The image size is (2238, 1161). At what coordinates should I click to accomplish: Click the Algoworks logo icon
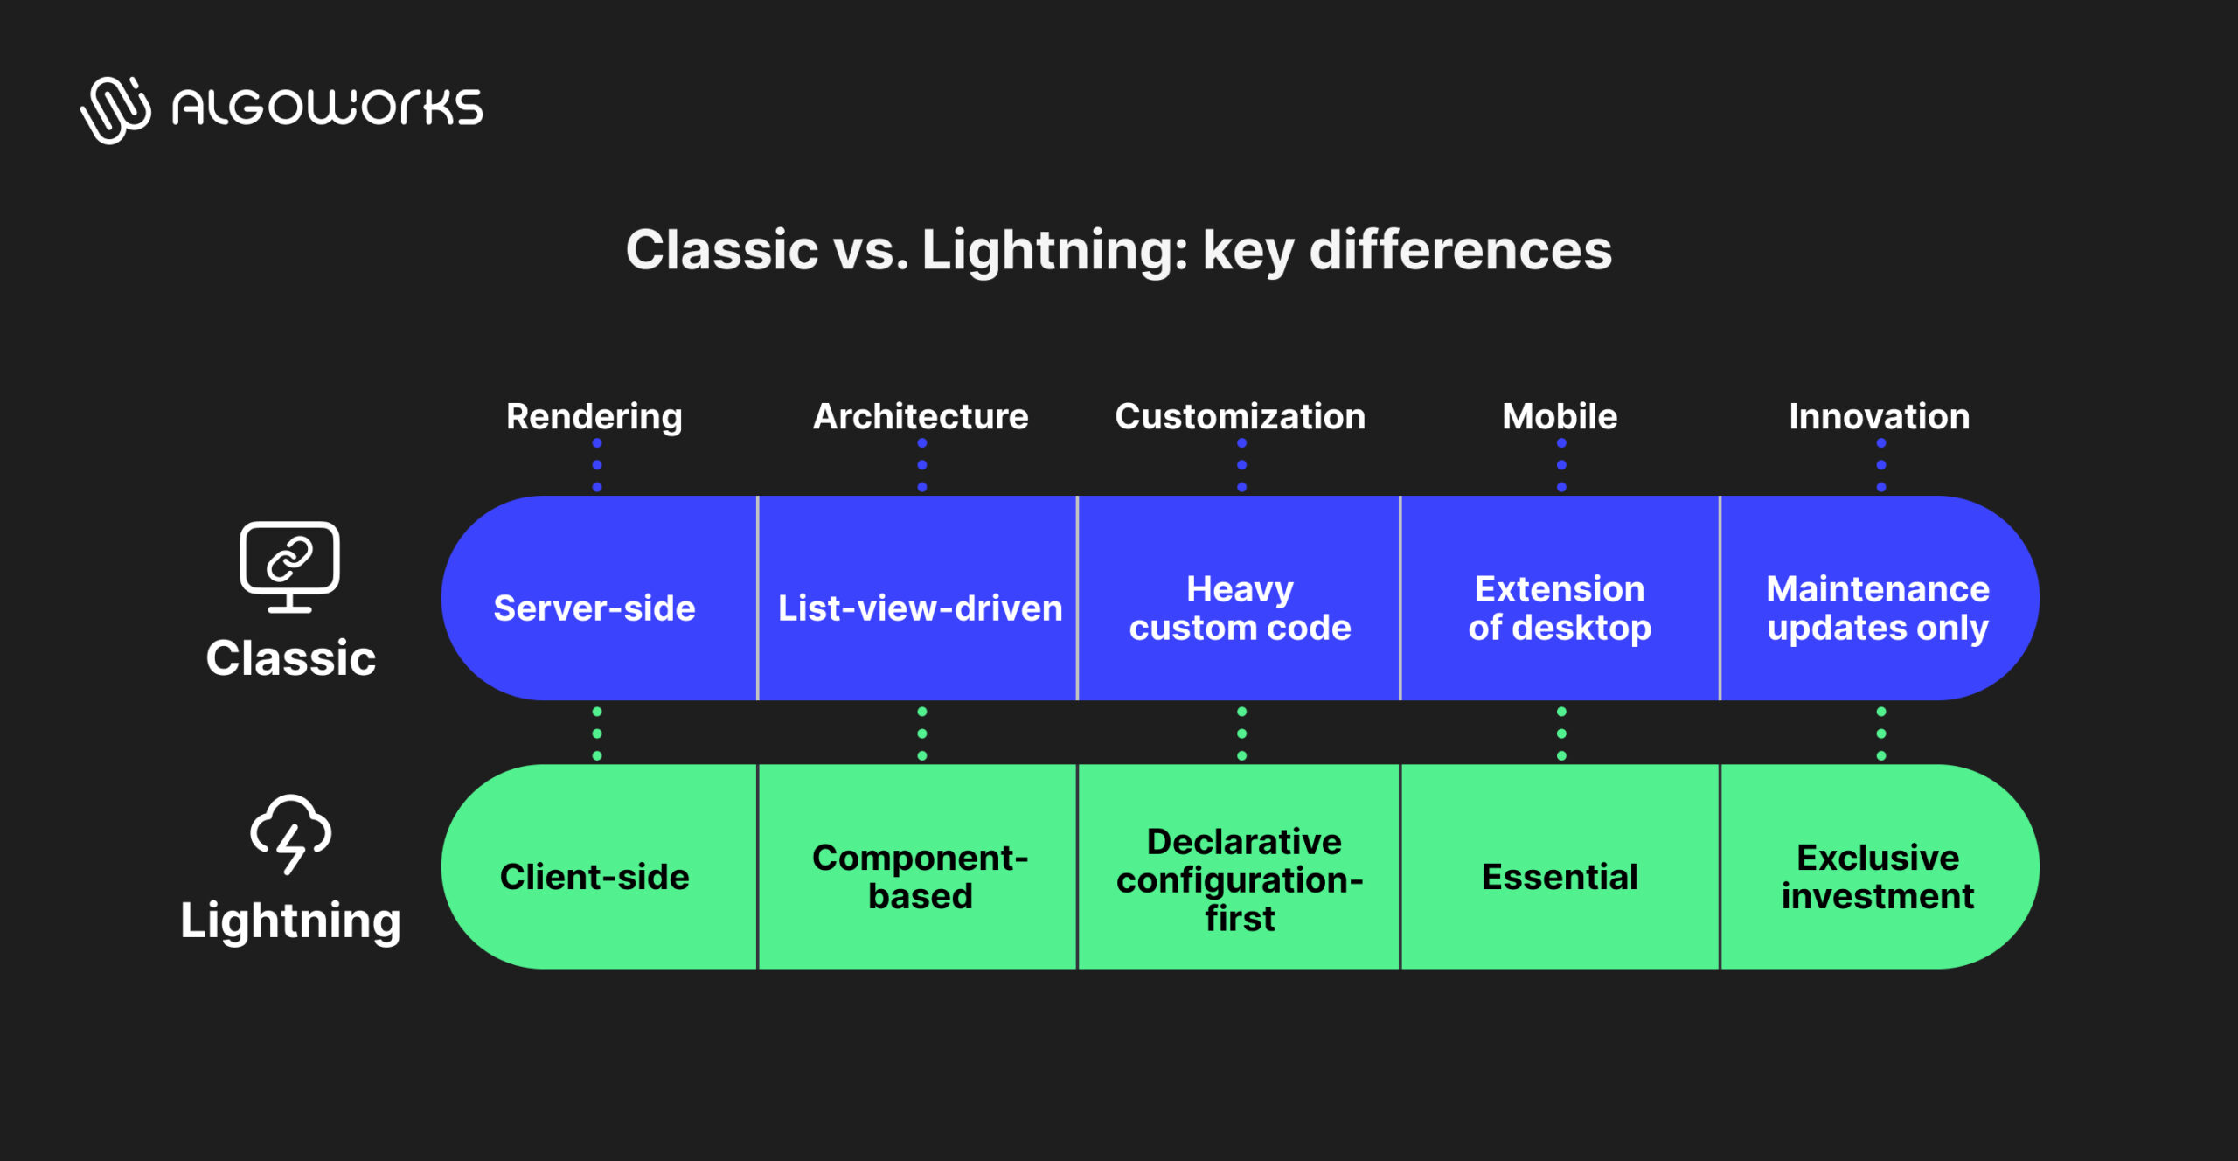pyautogui.click(x=115, y=109)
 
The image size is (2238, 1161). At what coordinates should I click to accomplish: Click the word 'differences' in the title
pyautogui.click(x=1460, y=250)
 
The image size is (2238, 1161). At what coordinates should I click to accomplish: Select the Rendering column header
pyautogui.click(x=594, y=416)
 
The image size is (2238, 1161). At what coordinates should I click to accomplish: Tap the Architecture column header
pyautogui.click(x=921, y=416)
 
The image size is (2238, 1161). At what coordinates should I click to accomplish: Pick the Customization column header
pyautogui.click(x=1240, y=416)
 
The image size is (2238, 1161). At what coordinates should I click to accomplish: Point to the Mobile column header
pyautogui.click(x=1560, y=416)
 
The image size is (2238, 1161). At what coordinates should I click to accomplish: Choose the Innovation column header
pyautogui.click(x=1879, y=416)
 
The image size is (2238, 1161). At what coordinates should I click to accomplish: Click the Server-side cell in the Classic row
pyautogui.click(x=594, y=608)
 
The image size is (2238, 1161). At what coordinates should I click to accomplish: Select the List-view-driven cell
pyautogui.click(x=920, y=608)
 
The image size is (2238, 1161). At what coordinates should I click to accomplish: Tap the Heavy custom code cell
pyautogui.click(x=1240, y=608)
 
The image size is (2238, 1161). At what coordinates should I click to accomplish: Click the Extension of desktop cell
pyautogui.click(x=1560, y=608)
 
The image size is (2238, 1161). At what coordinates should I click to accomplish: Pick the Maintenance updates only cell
pyautogui.click(x=1878, y=608)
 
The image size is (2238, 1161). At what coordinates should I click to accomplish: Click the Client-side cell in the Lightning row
pyautogui.click(x=594, y=876)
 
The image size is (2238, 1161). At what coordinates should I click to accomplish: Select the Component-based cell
pyautogui.click(x=920, y=876)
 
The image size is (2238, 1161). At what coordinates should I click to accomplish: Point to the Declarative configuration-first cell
pyautogui.click(x=1240, y=879)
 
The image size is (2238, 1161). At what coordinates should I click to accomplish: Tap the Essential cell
pyautogui.click(x=1560, y=876)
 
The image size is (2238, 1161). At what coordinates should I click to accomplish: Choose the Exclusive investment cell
pyautogui.click(x=1878, y=876)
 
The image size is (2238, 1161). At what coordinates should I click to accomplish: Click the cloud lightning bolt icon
pyautogui.click(x=290, y=833)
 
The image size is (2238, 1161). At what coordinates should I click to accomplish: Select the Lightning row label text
pyautogui.click(x=290, y=921)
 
